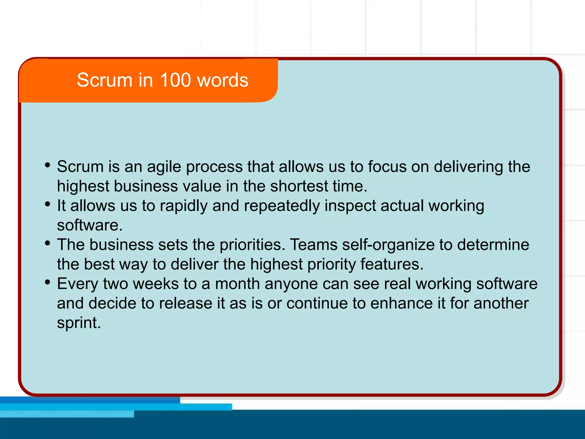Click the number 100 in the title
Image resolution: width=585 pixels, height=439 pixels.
[x=175, y=80]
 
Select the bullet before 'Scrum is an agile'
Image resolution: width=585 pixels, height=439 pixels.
[x=48, y=165]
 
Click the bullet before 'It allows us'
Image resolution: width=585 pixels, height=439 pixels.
[x=48, y=204]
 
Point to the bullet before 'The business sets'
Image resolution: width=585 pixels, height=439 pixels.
[x=48, y=243]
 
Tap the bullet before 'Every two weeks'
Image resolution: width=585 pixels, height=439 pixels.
[x=48, y=282]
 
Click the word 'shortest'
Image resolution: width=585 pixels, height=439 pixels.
[x=299, y=186]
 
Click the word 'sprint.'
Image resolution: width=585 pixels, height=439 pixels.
[x=79, y=323]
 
